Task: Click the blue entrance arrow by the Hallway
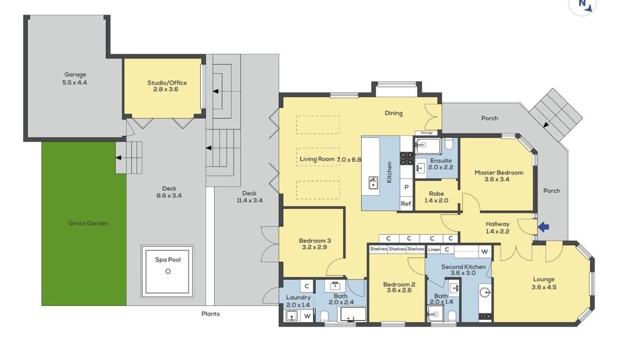click(x=543, y=227)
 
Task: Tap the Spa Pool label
click(x=168, y=259)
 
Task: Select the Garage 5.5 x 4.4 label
click(x=75, y=79)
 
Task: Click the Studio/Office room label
click(x=167, y=86)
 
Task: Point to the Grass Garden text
click(x=88, y=223)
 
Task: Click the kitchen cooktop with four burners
click(x=406, y=158)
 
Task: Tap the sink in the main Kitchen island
click(x=373, y=183)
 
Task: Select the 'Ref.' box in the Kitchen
click(x=406, y=204)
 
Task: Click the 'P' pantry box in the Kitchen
click(x=406, y=187)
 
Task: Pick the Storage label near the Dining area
click(x=426, y=133)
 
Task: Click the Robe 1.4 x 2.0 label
click(x=436, y=197)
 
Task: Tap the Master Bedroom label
click(x=499, y=176)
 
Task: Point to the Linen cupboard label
click(x=434, y=249)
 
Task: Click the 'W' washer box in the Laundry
click(x=307, y=316)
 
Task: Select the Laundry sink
click(x=292, y=316)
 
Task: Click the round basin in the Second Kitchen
click(x=485, y=292)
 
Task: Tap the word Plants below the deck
click(x=210, y=314)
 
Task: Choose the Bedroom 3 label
click(x=315, y=244)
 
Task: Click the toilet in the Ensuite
click(x=449, y=143)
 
